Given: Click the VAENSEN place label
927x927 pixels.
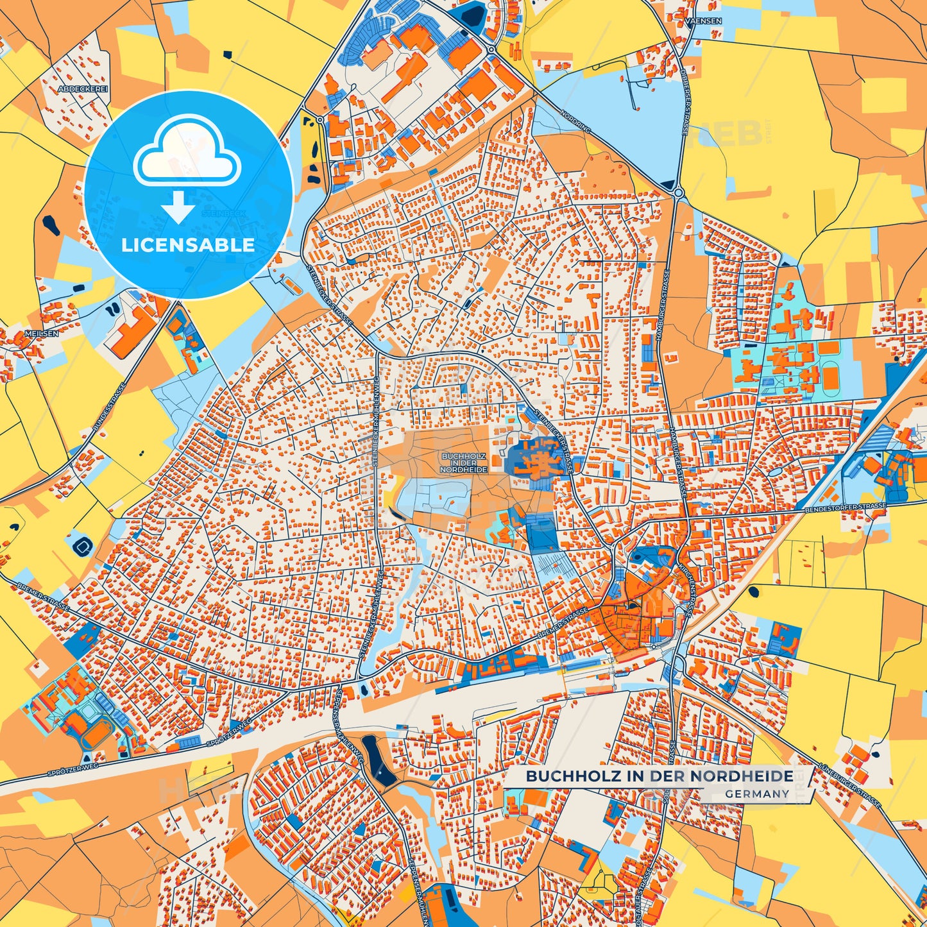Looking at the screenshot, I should click(x=703, y=21).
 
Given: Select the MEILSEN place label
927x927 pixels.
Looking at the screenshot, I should click(x=41, y=334).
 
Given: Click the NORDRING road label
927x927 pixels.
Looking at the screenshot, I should click(x=574, y=123).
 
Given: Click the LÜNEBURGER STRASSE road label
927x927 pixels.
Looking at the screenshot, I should click(x=850, y=786).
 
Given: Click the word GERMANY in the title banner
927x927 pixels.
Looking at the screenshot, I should click(x=757, y=794).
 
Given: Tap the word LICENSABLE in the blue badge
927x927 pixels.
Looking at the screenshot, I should click(x=188, y=245).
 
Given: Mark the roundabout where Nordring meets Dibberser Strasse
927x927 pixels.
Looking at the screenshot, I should click(x=678, y=191).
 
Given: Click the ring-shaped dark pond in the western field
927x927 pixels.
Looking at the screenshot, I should click(x=84, y=546).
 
